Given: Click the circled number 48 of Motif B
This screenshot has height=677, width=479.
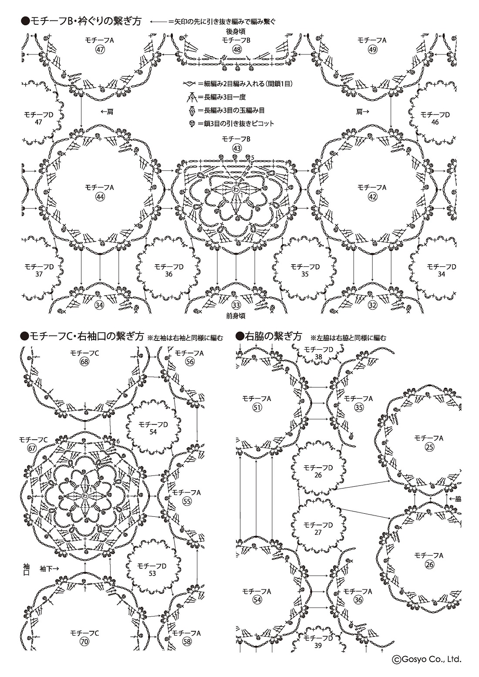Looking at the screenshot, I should coord(237,50).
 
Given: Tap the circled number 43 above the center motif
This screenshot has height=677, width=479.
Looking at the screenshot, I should coord(237,148).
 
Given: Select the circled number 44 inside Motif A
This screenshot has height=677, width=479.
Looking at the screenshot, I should coord(100,197).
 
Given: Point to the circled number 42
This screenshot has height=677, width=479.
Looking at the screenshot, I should coord(373,197).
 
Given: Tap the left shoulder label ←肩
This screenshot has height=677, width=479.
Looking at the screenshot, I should coord(107,112).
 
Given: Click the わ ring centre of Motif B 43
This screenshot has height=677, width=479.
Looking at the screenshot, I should coord(236,190).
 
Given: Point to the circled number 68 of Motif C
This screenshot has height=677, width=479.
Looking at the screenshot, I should coord(84,362).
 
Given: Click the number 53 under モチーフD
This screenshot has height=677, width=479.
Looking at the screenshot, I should coord(152,573).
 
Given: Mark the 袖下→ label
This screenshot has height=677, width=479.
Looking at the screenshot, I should coord(49,568).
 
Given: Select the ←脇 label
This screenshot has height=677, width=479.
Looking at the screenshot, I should coord(455,498).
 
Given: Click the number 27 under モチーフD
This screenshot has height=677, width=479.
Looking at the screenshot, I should coord(318,532).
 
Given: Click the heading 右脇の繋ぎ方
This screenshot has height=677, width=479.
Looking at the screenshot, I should coord(269,337).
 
